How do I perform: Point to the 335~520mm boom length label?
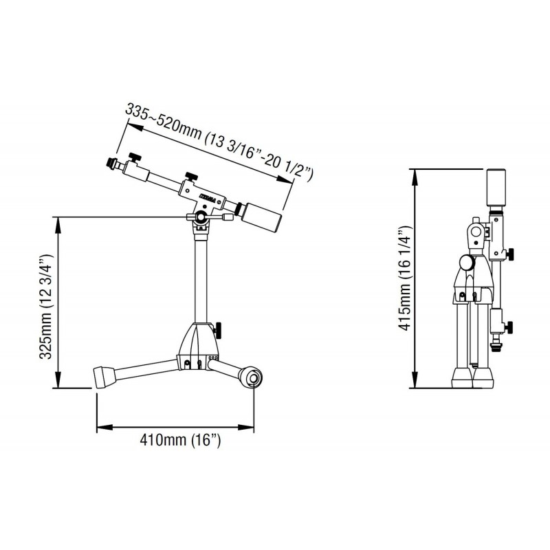coord(219,140)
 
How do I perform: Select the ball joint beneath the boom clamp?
coord(200,218)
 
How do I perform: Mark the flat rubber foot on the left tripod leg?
coord(103,376)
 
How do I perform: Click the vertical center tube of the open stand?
coord(200,275)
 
